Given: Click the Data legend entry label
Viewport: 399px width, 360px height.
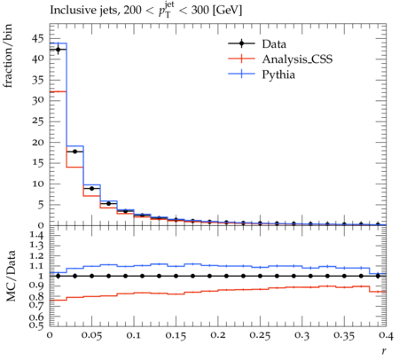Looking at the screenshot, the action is (274, 44).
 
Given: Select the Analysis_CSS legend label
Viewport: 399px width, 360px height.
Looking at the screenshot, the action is (297, 59).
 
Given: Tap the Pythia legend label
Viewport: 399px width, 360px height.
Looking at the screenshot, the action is (278, 74).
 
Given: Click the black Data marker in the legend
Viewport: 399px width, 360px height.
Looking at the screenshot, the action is (241, 43).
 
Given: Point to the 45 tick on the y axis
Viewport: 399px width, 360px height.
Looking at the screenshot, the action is (38, 38).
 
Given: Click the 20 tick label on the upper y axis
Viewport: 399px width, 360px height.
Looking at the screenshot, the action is (38, 142).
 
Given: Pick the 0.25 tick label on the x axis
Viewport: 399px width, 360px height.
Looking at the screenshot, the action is (260, 335).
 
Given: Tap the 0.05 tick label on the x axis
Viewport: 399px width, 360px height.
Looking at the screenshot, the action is (91, 335).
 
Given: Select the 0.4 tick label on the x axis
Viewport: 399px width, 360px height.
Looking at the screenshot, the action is (386, 335).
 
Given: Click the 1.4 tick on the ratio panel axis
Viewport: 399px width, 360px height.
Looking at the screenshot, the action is (37, 235).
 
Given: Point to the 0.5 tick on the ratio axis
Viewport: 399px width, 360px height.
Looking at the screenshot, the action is (37, 325).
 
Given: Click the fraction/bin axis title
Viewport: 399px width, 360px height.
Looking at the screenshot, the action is (8, 56).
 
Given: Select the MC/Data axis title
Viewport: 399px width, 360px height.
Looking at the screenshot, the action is (11, 276).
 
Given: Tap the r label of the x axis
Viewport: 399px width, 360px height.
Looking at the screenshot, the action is (384, 351).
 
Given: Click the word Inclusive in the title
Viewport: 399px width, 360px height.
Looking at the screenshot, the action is (69, 10).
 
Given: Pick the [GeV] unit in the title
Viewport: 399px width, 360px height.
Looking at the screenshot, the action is (227, 10).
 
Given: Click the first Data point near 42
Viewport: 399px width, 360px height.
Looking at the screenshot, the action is (58, 50).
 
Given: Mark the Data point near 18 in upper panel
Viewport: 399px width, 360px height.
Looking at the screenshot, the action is (74, 152).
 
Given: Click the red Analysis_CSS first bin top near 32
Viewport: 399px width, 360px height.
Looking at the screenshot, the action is (58, 91).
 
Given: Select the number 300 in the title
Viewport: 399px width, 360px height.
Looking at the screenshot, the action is (200, 10).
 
